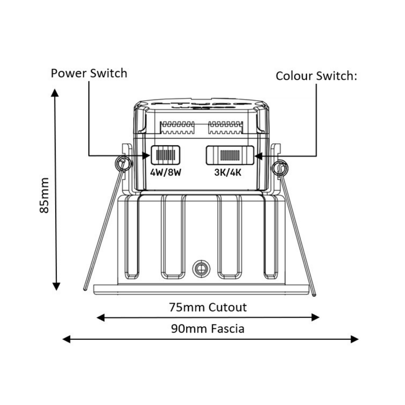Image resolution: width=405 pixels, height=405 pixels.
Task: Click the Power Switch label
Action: [89, 73]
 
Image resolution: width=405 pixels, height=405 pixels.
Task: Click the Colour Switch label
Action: [316, 76]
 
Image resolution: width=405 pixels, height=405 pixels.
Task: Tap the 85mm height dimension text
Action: [44, 196]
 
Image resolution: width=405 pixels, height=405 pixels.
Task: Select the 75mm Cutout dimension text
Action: [208, 307]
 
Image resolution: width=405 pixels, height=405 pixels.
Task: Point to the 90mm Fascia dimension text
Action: [208, 329]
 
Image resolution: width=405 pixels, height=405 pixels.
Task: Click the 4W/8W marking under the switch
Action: [166, 172]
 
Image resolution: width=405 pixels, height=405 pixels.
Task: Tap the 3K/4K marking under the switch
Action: [228, 172]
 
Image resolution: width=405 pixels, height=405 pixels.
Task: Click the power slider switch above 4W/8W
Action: [165, 155]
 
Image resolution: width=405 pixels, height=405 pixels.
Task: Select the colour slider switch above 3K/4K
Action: [230, 155]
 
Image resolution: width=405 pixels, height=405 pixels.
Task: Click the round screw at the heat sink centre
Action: [201, 269]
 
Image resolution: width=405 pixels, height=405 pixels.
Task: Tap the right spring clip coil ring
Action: [280, 168]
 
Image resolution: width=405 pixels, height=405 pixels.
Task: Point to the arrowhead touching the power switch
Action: [146, 155]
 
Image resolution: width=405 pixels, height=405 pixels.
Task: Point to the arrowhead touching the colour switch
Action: [259, 156]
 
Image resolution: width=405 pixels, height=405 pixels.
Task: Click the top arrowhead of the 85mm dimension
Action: [55, 93]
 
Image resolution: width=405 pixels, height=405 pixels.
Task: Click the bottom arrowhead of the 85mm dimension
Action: [56, 286]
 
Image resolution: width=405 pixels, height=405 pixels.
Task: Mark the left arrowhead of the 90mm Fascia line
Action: [66, 339]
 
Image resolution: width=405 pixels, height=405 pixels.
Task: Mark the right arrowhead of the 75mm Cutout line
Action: [316, 317]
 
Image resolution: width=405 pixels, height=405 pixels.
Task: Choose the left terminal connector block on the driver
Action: [177, 128]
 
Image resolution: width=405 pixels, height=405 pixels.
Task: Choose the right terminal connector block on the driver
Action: [226, 128]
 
